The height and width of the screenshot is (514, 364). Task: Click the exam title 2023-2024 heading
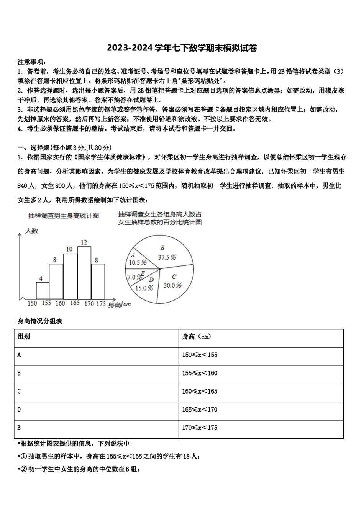[x=182, y=48]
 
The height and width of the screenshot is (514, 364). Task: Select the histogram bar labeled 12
[x=84, y=272]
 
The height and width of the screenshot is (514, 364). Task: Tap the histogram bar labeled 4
[x=43, y=290]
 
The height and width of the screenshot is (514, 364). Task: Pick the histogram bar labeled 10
[x=70, y=276]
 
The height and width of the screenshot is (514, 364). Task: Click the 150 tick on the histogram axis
[x=32, y=303]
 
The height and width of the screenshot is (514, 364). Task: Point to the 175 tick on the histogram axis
[x=101, y=303]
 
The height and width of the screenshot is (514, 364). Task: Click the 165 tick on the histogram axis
[x=75, y=303]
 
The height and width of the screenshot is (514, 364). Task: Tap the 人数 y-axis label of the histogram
[x=32, y=231]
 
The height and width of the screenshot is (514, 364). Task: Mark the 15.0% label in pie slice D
[x=144, y=288]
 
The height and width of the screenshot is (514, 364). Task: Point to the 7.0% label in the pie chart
[x=134, y=277]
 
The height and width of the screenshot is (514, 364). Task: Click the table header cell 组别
[x=24, y=337]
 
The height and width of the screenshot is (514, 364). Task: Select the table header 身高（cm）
[x=197, y=337]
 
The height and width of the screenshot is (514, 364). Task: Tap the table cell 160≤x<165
[x=200, y=391]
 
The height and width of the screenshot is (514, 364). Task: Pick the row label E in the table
[x=19, y=428]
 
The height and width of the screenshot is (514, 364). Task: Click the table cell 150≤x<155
[x=200, y=355]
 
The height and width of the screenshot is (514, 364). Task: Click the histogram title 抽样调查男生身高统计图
[x=64, y=216]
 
